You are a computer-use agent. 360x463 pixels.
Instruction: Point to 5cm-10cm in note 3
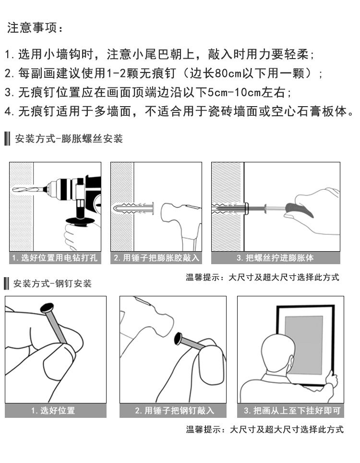tap(235, 92)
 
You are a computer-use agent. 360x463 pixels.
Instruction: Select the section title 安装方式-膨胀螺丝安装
tap(69, 138)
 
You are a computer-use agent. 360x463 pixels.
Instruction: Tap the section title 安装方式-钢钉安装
tap(52, 283)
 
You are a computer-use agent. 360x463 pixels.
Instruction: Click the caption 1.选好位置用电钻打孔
tap(55, 258)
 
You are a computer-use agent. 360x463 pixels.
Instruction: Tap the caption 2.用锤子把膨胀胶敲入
tap(156, 258)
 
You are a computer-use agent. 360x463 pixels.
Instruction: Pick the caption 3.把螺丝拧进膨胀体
tap(276, 258)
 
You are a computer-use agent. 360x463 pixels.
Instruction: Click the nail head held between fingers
tap(47, 308)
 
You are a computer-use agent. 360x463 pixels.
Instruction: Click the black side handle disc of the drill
tap(80, 221)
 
